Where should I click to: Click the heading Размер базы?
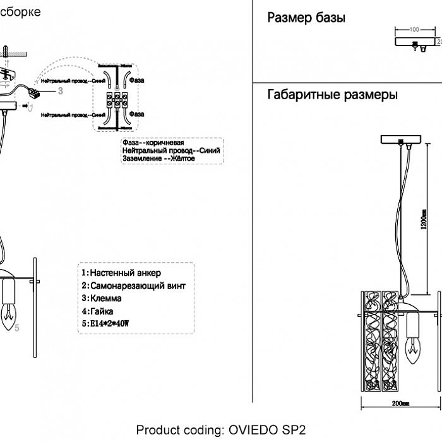point(306,18)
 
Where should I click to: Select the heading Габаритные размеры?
point(332,95)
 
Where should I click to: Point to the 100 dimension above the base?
point(414,30)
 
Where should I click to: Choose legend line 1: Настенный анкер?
point(121,273)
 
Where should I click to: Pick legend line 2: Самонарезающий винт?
point(133,285)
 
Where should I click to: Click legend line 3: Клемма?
point(102,298)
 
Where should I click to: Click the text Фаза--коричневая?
point(153,143)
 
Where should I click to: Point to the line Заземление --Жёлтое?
point(158,159)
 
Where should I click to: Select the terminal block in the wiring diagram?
point(117,100)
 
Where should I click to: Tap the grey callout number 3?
point(61,91)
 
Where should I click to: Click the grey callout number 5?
point(17,328)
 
